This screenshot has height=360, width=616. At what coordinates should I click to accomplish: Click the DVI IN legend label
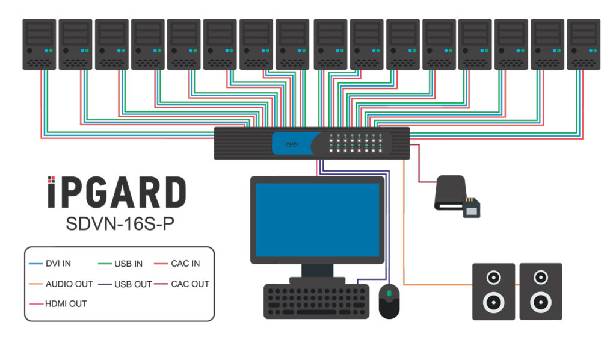click(x=58, y=264)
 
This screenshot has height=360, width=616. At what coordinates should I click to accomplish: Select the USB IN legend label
click(x=128, y=264)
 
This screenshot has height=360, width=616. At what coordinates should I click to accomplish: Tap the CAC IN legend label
click(x=185, y=264)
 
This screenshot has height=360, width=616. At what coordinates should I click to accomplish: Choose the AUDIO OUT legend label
click(x=69, y=284)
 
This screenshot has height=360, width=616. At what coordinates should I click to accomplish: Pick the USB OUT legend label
click(x=133, y=284)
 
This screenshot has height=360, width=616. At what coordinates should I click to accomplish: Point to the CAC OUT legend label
click(x=190, y=284)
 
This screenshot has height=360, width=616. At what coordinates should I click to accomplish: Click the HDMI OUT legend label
click(x=66, y=303)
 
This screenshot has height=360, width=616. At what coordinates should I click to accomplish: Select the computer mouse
click(x=389, y=301)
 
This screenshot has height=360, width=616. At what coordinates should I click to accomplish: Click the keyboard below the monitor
click(x=316, y=301)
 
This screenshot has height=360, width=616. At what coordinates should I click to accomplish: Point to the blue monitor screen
click(x=317, y=220)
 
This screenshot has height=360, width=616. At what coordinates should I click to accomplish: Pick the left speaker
click(x=493, y=291)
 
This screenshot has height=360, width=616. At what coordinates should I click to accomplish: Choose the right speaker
click(x=540, y=291)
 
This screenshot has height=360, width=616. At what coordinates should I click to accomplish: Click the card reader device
click(x=451, y=193)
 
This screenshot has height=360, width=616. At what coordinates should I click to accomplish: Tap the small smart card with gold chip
click(x=472, y=208)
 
